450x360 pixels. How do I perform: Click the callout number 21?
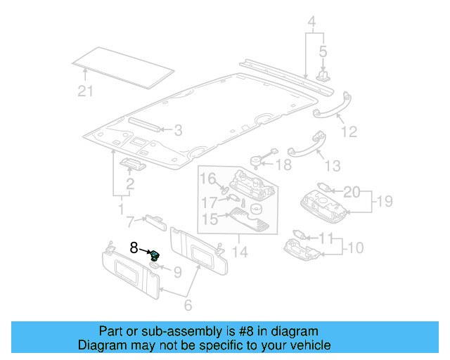(x=85, y=89)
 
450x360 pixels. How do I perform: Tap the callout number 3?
(x=178, y=130)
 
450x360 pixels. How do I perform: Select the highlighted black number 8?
(x=134, y=247)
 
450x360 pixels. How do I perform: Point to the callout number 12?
(x=349, y=131)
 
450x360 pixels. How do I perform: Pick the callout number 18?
(x=283, y=165)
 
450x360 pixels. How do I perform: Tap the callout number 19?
(x=382, y=202)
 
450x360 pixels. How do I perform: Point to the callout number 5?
(x=323, y=51)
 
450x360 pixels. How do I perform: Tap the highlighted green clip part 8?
(x=155, y=255)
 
